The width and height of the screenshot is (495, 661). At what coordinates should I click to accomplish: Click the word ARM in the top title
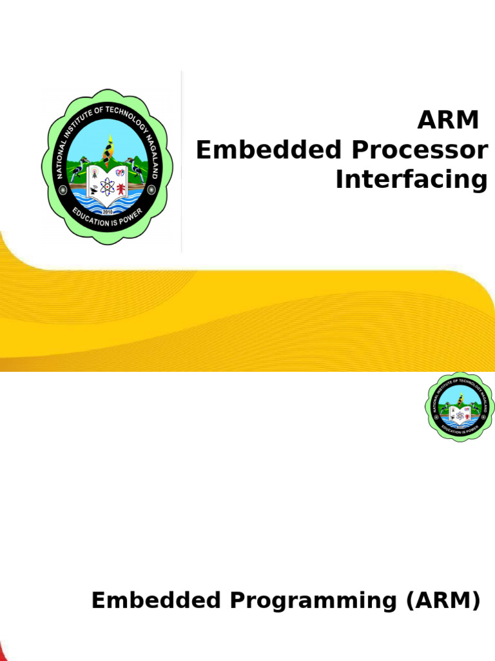point(449,120)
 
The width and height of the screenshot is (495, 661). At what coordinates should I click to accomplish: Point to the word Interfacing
point(411,180)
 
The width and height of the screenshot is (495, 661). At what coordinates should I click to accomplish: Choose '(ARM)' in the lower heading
point(443,600)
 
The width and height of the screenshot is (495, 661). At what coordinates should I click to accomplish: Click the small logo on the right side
point(460,407)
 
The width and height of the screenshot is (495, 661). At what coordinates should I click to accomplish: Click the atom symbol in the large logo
point(107,187)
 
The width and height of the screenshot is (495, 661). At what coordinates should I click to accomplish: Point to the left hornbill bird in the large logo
point(78,168)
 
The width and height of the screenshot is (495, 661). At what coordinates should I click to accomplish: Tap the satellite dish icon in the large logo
point(94,190)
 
